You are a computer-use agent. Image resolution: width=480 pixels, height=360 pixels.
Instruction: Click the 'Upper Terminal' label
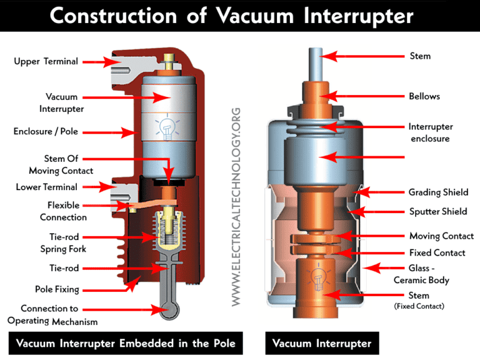click(x=46, y=61)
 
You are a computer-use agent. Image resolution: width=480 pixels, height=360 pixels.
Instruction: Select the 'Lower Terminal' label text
click(x=47, y=186)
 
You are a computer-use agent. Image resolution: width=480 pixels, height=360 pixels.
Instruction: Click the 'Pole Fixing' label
click(x=61, y=289)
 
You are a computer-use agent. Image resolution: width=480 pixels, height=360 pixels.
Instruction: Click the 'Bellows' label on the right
click(x=424, y=96)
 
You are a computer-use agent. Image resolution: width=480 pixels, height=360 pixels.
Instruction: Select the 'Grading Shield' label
click(x=438, y=192)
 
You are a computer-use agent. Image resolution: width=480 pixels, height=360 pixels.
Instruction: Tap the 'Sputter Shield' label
click(x=437, y=211)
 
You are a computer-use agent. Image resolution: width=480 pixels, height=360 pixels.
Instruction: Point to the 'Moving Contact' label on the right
click(x=441, y=236)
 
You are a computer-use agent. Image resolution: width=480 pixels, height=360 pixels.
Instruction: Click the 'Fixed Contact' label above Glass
click(x=437, y=252)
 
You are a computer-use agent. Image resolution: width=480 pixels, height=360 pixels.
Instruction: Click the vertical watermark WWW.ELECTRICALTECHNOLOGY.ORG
click(x=236, y=206)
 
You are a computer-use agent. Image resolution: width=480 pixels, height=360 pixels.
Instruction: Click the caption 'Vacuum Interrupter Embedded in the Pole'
click(x=125, y=343)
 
